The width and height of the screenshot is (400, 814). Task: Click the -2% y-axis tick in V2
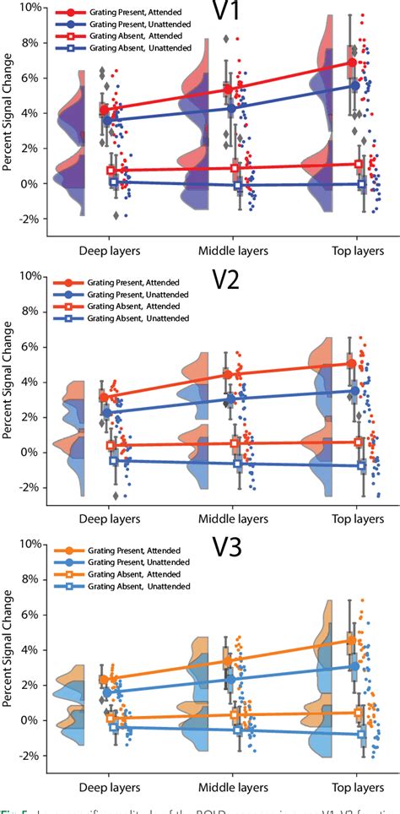29,488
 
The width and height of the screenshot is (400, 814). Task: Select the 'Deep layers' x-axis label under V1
110,250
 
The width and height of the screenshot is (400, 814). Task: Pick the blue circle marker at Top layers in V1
354,86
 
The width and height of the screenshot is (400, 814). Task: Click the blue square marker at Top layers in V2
361,465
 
